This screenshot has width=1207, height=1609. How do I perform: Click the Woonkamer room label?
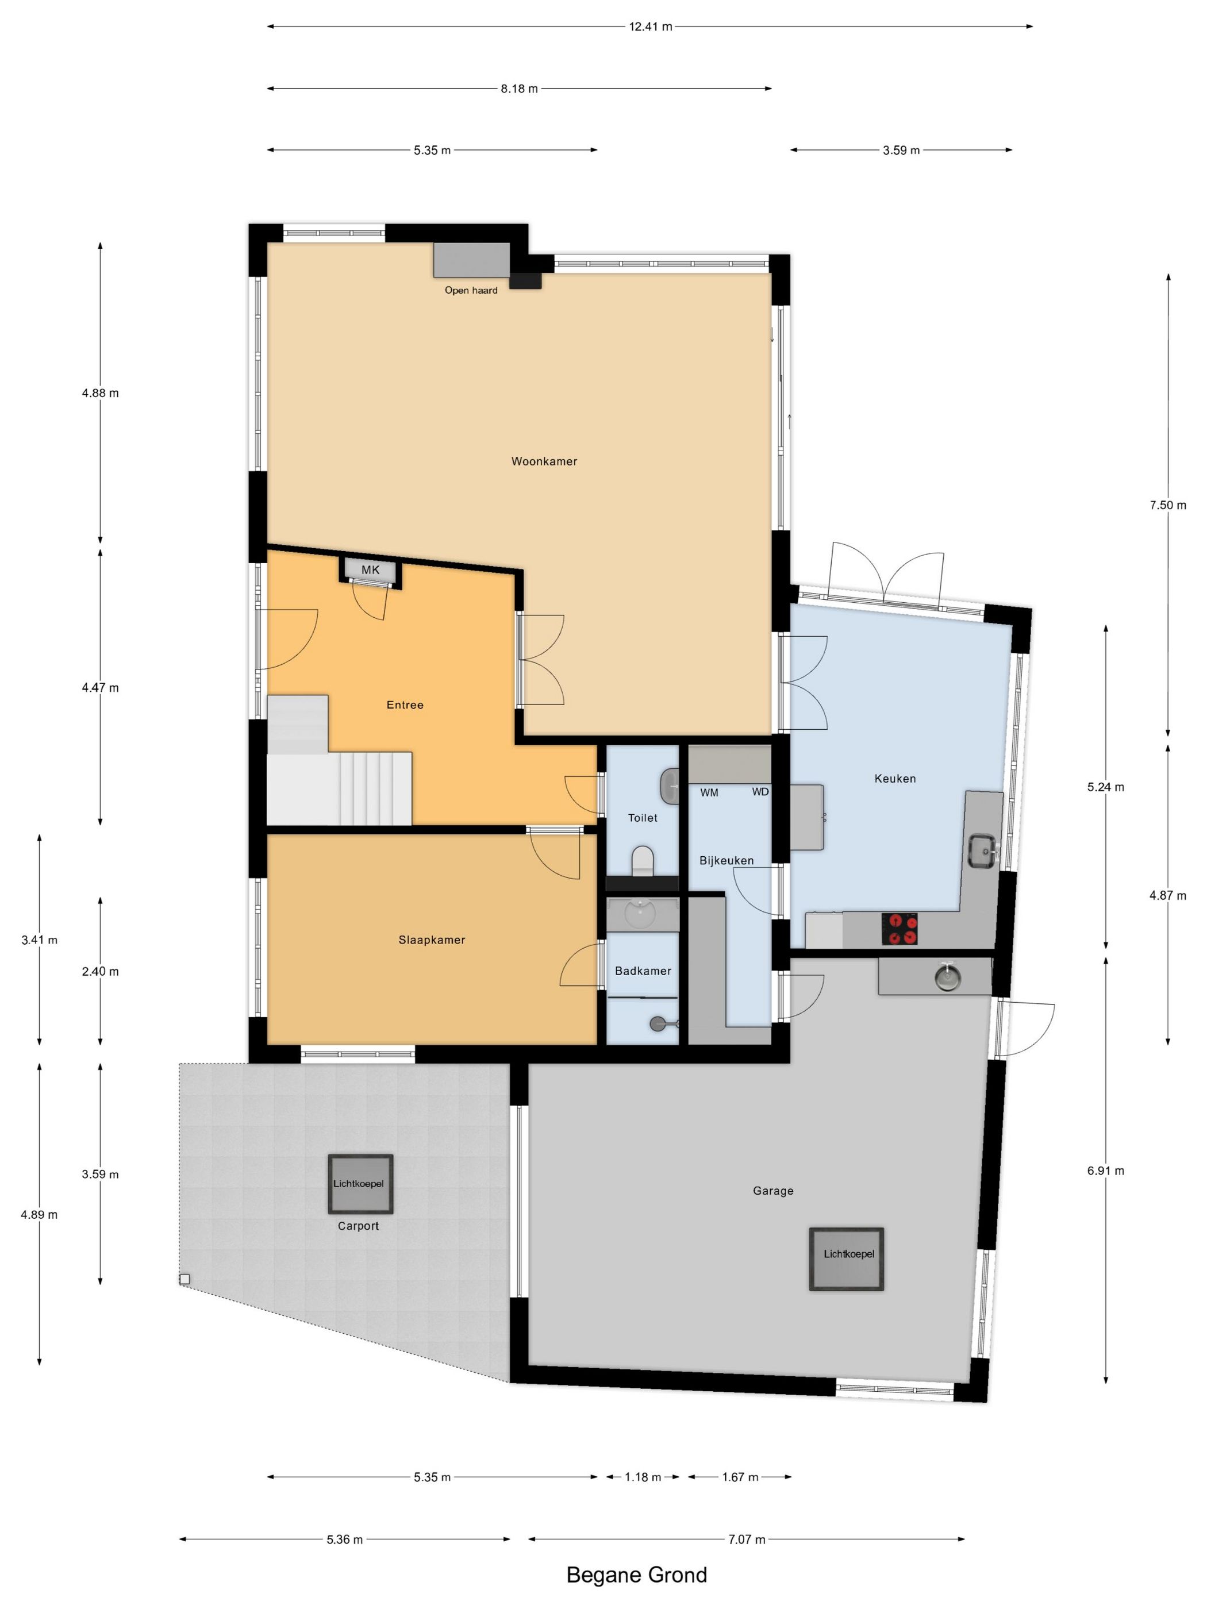[x=544, y=461]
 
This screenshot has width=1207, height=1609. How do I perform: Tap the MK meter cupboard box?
[x=370, y=569]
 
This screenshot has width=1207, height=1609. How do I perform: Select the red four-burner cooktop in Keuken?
[x=900, y=929]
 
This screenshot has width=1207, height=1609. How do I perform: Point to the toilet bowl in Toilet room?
[x=643, y=860]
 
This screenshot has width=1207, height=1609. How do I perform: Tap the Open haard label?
[x=471, y=290]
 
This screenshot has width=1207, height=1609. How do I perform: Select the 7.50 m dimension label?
[x=1168, y=505]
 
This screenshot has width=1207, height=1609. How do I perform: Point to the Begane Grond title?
[x=637, y=1575]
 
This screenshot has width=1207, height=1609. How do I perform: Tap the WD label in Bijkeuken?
[x=760, y=791]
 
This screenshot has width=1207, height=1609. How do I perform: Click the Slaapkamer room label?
[x=432, y=940]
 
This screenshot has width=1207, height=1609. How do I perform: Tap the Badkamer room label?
[x=643, y=971]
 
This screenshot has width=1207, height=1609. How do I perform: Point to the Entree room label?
[x=405, y=705]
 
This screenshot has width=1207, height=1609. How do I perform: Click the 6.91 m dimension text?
[x=1105, y=1171]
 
